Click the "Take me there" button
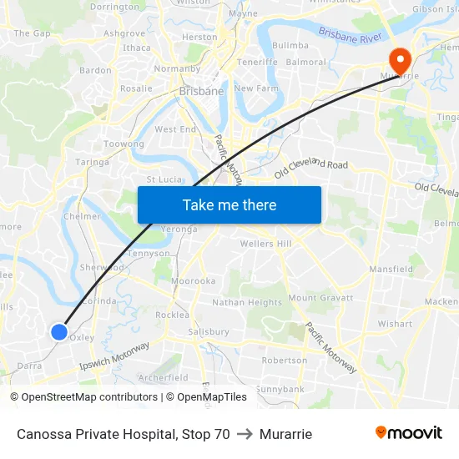[x=229, y=204]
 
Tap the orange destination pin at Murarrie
[x=400, y=58]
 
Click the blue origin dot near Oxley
[x=59, y=332]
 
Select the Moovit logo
[x=409, y=433]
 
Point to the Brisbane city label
[x=201, y=91]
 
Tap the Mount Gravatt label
[x=320, y=298]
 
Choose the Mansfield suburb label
[x=391, y=270]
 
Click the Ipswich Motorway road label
[x=114, y=356]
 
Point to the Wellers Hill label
[x=265, y=244]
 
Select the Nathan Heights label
[x=247, y=302]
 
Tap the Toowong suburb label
[x=124, y=144]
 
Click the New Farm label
[x=255, y=88]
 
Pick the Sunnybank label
[x=280, y=389]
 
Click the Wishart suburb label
[x=395, y=324]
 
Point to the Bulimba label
[x=290, y=45]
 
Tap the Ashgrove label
[x=124, y=33]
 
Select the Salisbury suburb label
[x=209, y=331]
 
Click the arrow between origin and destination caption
[x=245, y=434]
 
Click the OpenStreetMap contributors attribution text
[x=88, y=397]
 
